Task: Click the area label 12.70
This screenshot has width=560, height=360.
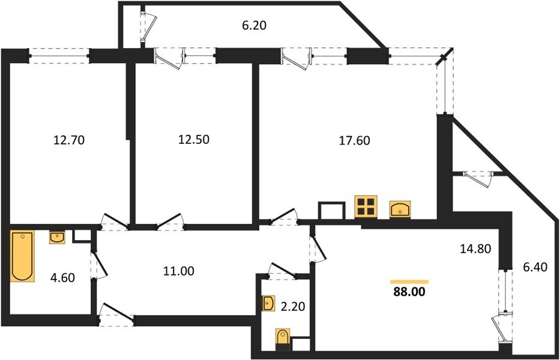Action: pos(69,141)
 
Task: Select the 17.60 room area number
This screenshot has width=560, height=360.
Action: pos(354,141)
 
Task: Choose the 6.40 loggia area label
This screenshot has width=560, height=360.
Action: pos(534,266)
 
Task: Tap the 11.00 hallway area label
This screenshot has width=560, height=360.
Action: pos(178,271)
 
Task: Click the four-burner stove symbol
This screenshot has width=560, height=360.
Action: pos(366,206)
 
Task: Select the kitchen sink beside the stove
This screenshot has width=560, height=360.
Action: pos(400,209)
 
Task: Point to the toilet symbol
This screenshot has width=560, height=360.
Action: pos(282,339)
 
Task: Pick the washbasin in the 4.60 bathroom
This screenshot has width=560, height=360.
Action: pos(57,238)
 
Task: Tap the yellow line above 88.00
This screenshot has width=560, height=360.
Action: pos(409,281)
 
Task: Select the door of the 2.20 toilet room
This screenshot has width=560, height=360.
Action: pos(282,270)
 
